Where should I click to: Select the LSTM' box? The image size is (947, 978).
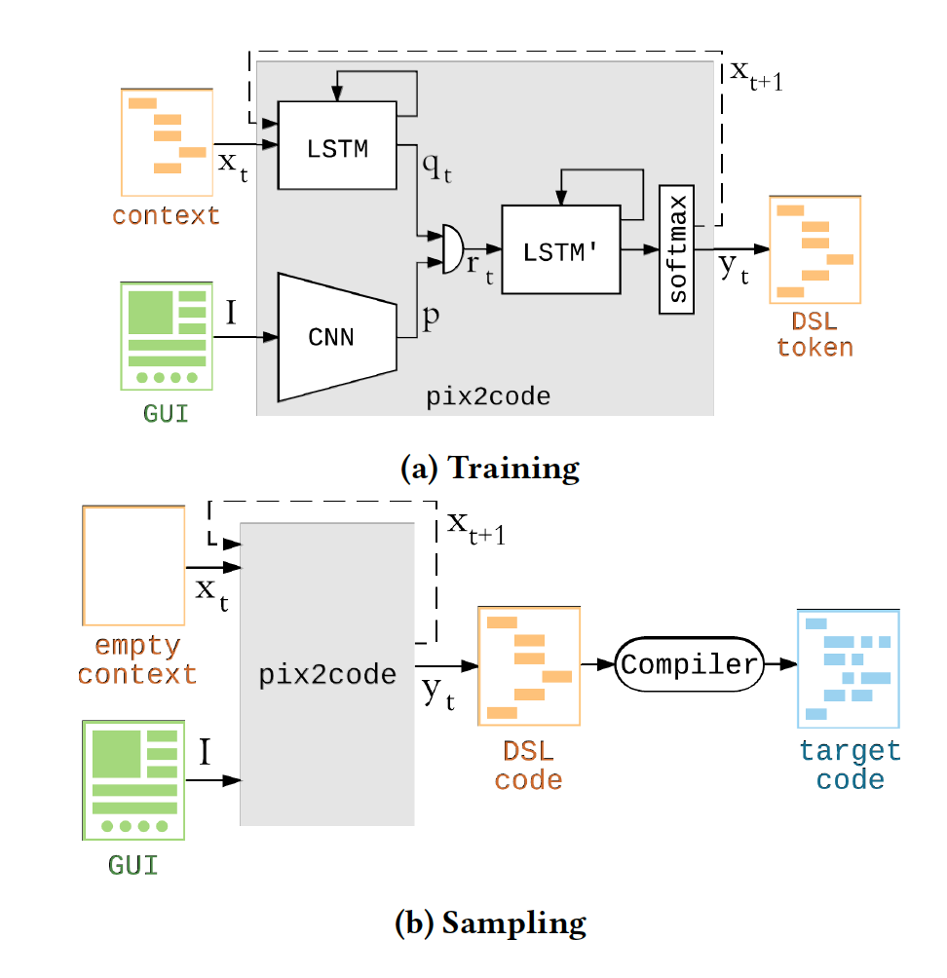point(560,249)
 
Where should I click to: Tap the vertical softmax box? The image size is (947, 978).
point(678,249)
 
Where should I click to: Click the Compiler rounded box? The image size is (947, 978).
point(688,665)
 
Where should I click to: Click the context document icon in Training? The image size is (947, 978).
point(167,142)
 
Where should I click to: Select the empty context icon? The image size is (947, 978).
point(133,565)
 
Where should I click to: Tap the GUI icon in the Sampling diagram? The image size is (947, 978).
point(133,779)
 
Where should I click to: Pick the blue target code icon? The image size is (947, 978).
point(848,668)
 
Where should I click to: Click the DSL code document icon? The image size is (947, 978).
point(529,666)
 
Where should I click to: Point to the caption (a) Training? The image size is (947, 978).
point(489,469)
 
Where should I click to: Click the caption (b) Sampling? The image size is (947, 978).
point(489,922)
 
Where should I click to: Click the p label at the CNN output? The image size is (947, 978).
point(429,317)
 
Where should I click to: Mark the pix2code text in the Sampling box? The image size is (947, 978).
point(326,675)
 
